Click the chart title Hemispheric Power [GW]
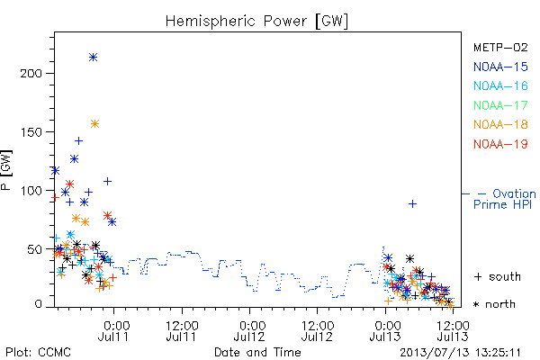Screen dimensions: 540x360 point(256,21)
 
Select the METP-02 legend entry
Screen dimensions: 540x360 point(500,47)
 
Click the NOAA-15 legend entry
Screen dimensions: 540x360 point(500,67)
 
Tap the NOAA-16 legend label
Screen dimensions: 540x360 point(500,85)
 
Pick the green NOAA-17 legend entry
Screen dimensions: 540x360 point(500,105)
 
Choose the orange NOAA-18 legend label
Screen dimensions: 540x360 point(500,124)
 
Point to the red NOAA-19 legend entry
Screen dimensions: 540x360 point(500,144)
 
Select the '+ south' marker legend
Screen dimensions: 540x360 point(498,276)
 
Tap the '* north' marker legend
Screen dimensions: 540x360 point(494,304)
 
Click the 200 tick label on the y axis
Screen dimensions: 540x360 point(31,73)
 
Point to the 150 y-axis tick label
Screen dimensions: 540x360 point(31,132)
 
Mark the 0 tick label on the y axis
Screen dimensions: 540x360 point(38,304)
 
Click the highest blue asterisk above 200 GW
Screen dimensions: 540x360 point(93,58)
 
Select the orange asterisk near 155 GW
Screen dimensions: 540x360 point(95,123)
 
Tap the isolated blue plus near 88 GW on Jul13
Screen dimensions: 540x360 point(412,204)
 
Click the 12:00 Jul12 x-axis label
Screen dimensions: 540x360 point(317,330)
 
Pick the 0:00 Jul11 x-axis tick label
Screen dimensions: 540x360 point(113,330)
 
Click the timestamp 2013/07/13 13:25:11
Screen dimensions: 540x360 point(460,353)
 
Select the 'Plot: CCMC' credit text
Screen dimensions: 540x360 point(38,353)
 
